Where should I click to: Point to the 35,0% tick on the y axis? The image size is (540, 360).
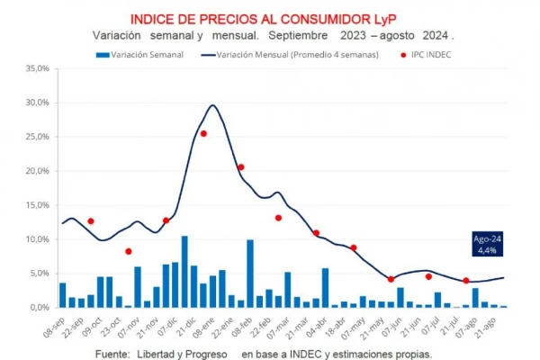36,68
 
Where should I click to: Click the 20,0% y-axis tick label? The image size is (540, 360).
36,171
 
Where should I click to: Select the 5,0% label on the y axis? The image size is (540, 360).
38,274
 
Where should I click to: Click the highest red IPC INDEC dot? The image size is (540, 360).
203,133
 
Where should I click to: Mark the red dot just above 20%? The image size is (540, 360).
240,166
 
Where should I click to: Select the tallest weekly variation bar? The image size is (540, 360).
184,272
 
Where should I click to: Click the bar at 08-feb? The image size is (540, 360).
250,274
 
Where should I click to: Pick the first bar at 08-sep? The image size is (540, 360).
62,295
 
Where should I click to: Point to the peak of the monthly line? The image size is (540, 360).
212,105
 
